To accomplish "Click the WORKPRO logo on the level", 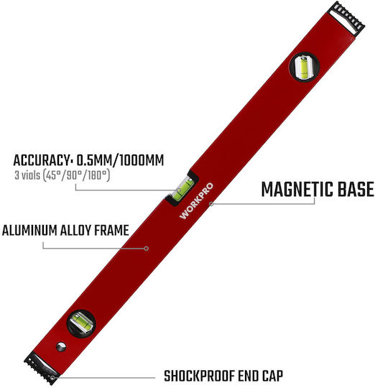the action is pos(196,200).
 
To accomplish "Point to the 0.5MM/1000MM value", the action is pos(120,160).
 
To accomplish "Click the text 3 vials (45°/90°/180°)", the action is pos(62,175).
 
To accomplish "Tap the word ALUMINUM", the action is pos(29,231).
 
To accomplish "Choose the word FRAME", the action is pos(111,231).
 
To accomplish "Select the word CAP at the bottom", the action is pos(272,376).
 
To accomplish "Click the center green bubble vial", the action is pos(183,189).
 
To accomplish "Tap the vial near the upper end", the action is pos(305,66).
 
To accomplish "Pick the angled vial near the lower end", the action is pos(81,322).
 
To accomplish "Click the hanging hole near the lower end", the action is pos(61,346).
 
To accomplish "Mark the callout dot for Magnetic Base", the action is pos(211,204).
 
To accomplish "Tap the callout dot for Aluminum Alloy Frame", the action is pos(147,249).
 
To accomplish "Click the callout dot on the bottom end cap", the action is pos(52,378).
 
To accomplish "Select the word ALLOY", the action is pos(75,231).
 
